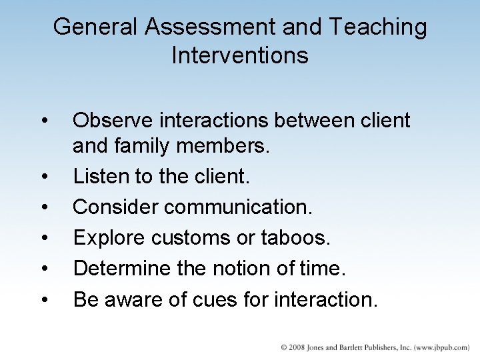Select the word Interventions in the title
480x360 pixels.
click(240, 55)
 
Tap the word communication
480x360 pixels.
click(238, 207)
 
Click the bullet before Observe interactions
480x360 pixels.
click(44, 121)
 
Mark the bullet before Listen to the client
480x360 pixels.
click(44, 177)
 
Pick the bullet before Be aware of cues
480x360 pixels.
click(44, 300)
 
